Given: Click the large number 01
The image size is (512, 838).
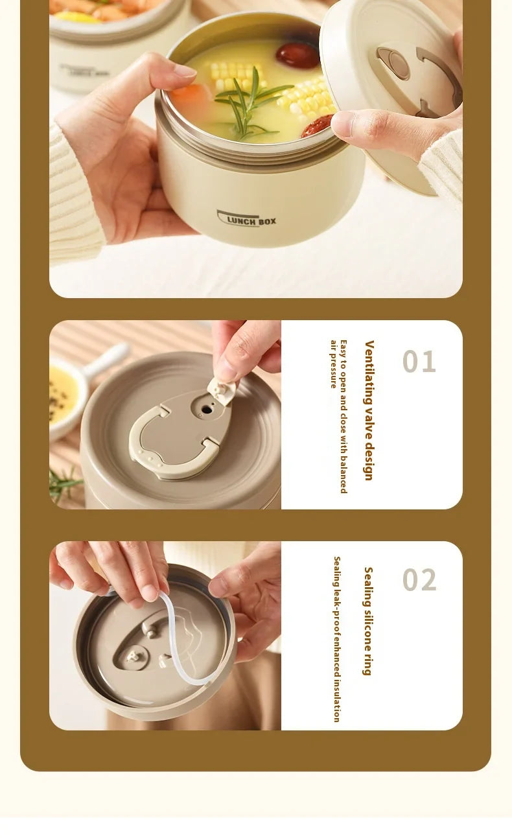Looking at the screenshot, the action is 419,361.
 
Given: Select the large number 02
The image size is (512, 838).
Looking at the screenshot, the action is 419,579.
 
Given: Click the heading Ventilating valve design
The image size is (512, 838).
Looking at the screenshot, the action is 369,410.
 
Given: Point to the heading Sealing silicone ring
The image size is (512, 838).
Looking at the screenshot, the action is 368,621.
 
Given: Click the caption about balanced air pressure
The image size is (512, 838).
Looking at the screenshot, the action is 339,417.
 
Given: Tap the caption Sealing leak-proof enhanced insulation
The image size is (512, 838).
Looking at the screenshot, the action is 337,639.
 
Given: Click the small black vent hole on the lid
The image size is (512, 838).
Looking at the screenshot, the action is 206,410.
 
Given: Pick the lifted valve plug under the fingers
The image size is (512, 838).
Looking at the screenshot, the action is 222,390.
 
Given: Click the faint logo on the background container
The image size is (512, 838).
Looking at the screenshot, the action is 84,71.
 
